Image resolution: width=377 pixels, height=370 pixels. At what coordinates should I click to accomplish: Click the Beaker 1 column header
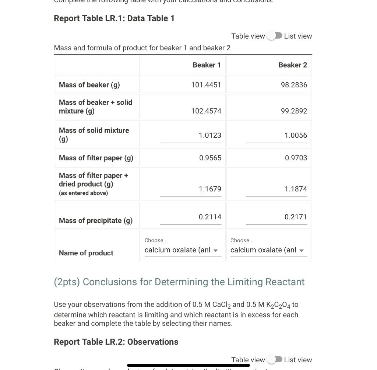[x=207, y=65]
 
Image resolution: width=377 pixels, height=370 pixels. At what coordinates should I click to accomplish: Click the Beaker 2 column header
[x=292, y=65]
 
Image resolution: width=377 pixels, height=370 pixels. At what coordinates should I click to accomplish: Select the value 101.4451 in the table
[x=206, y=85]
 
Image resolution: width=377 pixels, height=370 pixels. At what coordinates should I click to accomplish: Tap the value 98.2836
[x=293, y=85]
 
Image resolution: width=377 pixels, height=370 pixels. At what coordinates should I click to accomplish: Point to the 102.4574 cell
[x=206, y=111]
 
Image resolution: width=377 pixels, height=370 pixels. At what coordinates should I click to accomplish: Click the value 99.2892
[x=293, y=111]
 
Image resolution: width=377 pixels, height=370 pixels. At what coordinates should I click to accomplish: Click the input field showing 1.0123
[x=191, y=136]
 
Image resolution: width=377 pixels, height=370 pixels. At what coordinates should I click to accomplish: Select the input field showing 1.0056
[x=276, y=136]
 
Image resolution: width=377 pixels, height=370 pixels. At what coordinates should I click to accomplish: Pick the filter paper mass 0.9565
[x=210, y=158]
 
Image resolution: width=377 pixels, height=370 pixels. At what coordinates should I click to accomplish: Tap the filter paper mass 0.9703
[x=296, y=158]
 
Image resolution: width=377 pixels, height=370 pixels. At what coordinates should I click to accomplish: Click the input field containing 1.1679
[x=191, y=189]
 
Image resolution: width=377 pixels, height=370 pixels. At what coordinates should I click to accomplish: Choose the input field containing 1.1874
[x=276, y=189]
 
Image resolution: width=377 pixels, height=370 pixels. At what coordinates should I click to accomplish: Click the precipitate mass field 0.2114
[x=191, y=217]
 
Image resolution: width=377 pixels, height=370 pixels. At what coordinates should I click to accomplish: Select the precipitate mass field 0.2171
[x=276, y=217]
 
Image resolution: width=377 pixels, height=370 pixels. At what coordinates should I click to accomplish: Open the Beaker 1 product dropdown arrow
[x=216, y=251]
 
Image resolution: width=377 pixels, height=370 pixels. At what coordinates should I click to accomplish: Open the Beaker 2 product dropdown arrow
[x=302, y=251]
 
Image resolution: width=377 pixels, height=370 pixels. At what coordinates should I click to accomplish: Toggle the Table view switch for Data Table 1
[x=275, y=36]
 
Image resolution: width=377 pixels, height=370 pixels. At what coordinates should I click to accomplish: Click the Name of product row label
[x=86, y=253]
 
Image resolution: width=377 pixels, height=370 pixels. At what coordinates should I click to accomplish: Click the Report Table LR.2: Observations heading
[x=116, y=342]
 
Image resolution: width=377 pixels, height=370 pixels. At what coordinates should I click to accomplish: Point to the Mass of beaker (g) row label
[x=89, y=85]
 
